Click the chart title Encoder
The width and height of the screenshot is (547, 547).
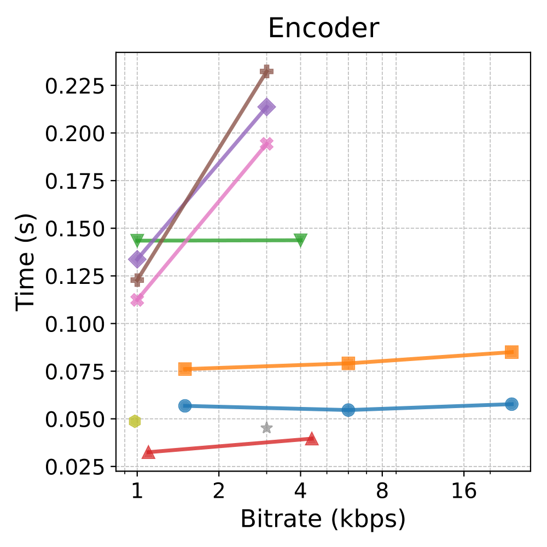(x=323, y=29)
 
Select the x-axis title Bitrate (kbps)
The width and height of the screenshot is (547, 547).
(x=323, y=519)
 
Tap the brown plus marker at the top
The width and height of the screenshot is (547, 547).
(x=266, y=71)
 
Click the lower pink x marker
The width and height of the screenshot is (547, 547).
(x=137, y=300)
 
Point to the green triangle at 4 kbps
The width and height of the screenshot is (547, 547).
(x=300, y=240)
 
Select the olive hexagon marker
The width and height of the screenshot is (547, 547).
(x=135, y=421)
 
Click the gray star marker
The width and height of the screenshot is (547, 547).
(x=266, y=427)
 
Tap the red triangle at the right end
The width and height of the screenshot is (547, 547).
(x=311, y=438)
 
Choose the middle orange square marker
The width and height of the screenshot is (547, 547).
(x=348, y=363)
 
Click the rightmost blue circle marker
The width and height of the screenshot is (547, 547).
(x=511, y=404)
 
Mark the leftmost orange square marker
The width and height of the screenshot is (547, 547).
(x=185, y=369)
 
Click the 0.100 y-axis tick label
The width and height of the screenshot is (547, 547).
(x=76, y=324)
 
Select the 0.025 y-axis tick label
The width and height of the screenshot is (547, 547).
(x=76, y=467)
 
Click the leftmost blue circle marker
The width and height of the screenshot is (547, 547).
(x=185, y=406)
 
